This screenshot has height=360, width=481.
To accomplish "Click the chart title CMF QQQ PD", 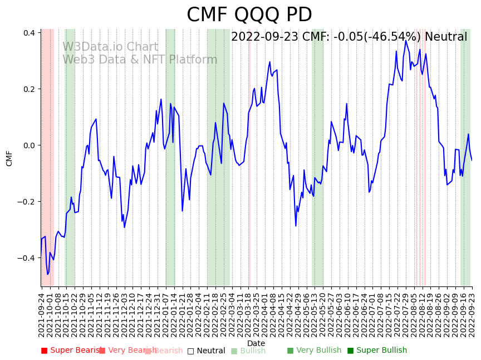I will pyautogui.click(x=249, y=15).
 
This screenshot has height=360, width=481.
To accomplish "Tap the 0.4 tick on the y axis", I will pyautogui.click(x=30, y=33).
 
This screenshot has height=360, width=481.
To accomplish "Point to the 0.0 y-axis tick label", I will pyautogui.click(x=30, y=145).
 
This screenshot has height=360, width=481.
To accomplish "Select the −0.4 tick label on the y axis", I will pyautogui.click(x=27, y=258).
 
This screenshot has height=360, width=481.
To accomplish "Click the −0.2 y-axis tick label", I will pyautogui.click(x=27, y=202).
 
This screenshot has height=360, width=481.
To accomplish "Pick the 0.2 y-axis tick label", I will pyautogui.click(x=30, y=89).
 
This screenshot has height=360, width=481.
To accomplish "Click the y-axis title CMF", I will pyautogui.click(x=9, y=158).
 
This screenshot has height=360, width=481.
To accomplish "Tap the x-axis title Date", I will pyautogui.click(x=256, y=343).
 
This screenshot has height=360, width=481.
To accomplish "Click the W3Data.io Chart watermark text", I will pyautogui.click(x=110, y=47).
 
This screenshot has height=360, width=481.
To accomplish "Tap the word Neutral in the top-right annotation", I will pyautogui.click(x=446, y=37).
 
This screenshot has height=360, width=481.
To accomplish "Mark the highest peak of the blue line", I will pyautogui.click(x=406, y=41).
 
